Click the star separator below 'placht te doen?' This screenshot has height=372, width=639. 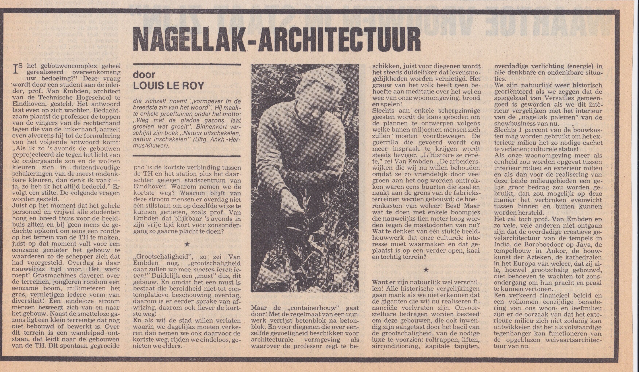click(187, 244)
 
